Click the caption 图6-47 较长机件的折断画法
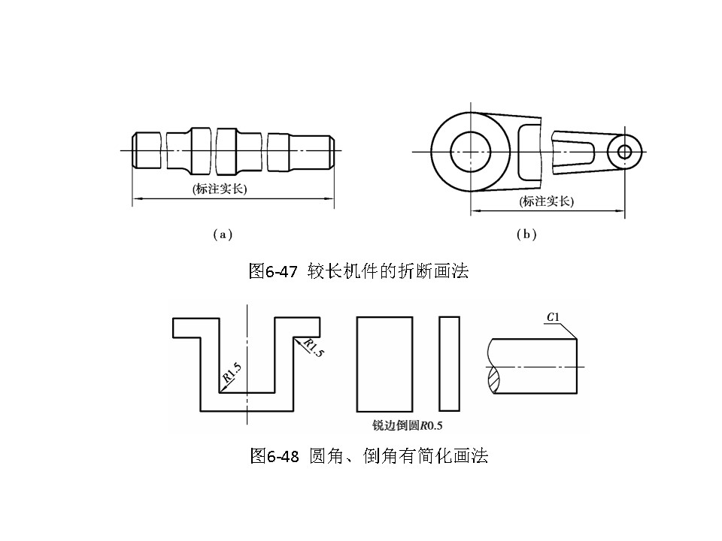tap(359, 271)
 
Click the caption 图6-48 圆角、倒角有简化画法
tap(369, 455)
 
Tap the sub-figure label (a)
tap(222, 234)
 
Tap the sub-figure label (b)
tap(526, 234)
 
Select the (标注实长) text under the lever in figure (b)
tap(546, 201)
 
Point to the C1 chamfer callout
tap(552, 319)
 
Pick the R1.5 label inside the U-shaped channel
tap(232, 373)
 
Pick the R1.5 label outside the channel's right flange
tap(314, 348)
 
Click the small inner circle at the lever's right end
tap(624, 151)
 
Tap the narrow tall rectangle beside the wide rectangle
tap(449, 364)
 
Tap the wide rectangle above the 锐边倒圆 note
tap(384, 364)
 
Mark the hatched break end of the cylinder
tap(493, 379)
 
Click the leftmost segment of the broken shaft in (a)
tap(147, 150)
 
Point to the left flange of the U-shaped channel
tap(186, 328)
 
